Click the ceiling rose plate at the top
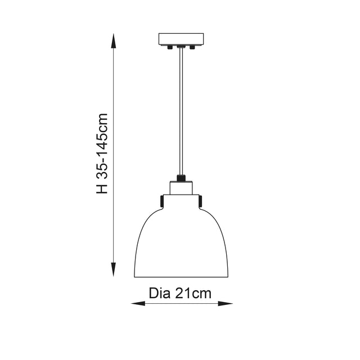[x=181, y=39]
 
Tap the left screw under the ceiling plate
[x=169, y=49]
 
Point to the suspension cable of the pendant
[x=181, y=112]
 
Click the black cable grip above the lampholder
[x=181, y=178]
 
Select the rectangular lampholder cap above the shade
[x=181, y=188]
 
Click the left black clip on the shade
[x=161, y=200]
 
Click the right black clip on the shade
[x=201, y=200]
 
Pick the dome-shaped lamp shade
[x=181, y=242]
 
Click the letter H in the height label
[x=102, y=188]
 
